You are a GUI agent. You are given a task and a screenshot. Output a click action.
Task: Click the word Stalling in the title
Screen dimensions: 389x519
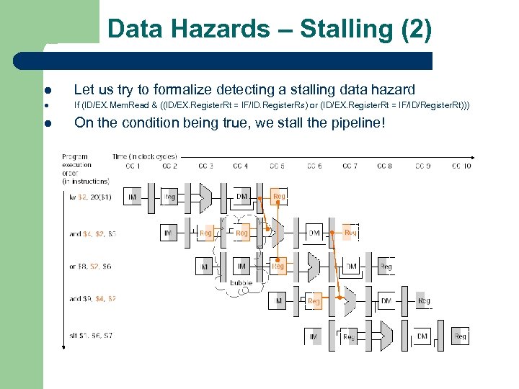tap(345, 30)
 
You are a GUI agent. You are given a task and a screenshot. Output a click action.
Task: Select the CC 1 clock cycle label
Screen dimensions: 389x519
tap(133, 166)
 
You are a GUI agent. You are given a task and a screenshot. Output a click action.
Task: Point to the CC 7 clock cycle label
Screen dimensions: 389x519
tap(350, 166)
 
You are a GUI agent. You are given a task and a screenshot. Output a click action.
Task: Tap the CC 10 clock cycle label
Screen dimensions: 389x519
tap(461, 166)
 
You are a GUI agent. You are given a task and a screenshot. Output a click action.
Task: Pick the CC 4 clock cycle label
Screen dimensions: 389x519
tap(241, 166)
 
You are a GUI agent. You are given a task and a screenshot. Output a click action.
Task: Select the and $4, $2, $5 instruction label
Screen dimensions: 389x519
tap(92, 233)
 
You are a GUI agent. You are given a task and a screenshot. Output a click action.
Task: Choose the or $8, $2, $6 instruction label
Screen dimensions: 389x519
tap(91, 267)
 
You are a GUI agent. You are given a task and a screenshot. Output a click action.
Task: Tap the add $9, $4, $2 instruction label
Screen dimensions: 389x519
tap(92, 298)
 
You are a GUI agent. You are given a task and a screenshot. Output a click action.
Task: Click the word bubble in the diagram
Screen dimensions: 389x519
tap(241, 283)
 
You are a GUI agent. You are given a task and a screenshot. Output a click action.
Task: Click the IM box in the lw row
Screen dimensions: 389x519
tap(133, 196)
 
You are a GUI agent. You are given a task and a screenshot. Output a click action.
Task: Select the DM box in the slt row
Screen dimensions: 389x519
tap(422, 336)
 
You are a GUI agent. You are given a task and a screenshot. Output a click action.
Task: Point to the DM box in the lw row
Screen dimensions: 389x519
tap(241, 196)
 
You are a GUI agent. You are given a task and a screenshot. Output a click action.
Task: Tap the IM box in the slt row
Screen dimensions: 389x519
tap(314, 336)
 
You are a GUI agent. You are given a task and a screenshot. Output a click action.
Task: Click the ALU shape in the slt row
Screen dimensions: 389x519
tap(386, 336)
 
